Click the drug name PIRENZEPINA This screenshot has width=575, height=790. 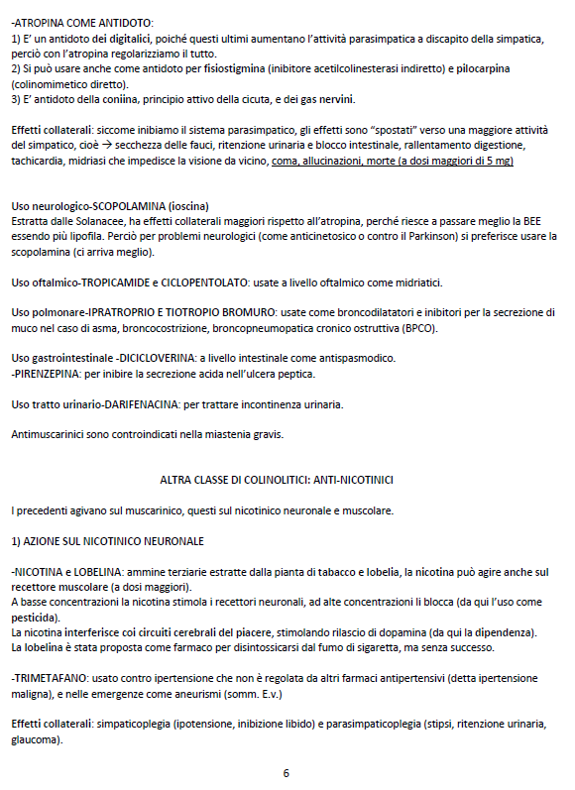(x=51, y=374)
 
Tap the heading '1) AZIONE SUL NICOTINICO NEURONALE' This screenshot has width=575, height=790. (x=108, y=541)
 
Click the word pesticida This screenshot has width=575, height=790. (x=39, y=617)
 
